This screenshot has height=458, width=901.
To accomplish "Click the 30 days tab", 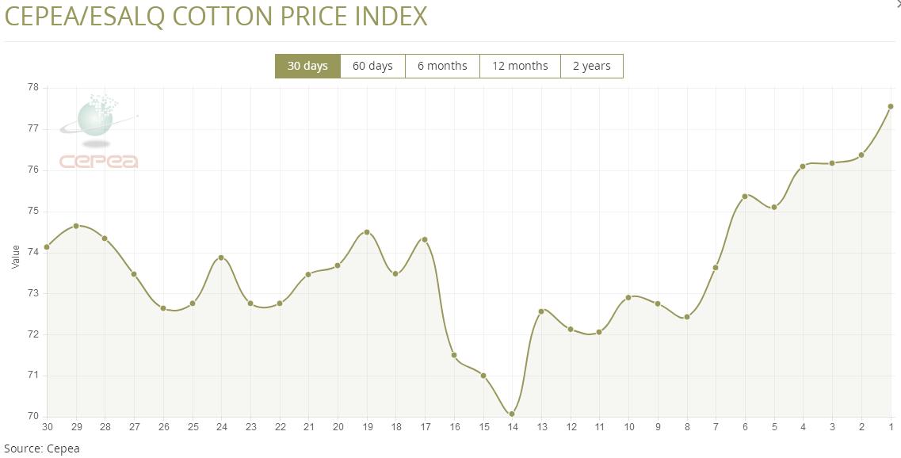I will pyautogui.click(x=307, y=66).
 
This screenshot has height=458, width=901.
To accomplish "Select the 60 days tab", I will pyautogui.click(x=372, y=66).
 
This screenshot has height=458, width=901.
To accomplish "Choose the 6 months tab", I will pyautogui.click(x=442, y=66).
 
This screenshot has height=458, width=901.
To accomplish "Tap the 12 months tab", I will pyautogui.click(x=520, y=66).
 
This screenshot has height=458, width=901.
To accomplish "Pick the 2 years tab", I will pyautogui.click(x=592, y=66).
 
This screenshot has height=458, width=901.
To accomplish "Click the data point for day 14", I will pyautogui.click(x=512, y=414).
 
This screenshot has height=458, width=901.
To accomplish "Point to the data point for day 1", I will pyautogui.click(x=891, y=106).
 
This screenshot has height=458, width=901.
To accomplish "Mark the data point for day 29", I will pyautogui.click(x=76, y=226).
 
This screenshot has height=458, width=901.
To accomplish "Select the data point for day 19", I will pyautogui.click(x=367, y=232).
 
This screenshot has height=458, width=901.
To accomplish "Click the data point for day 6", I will pyautogui.click(x=745, y=196).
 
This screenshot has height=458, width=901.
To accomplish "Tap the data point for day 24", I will pyautogui.click(x=221, y=258).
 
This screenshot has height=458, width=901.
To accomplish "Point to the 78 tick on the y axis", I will pyautogui.click(x=33, y=88).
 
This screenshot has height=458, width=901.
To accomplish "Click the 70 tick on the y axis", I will pyautogui.click(x=33, y=416).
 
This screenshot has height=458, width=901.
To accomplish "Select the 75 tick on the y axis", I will pyautogui.click(x=33, y=212).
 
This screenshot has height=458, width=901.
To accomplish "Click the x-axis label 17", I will pyautogui.click(x=425, y=427).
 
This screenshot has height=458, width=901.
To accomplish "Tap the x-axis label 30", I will pyautogui.click(x=48, y=427).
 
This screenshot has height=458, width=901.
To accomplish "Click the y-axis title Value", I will pyautogui.click(x=16, y=256).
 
